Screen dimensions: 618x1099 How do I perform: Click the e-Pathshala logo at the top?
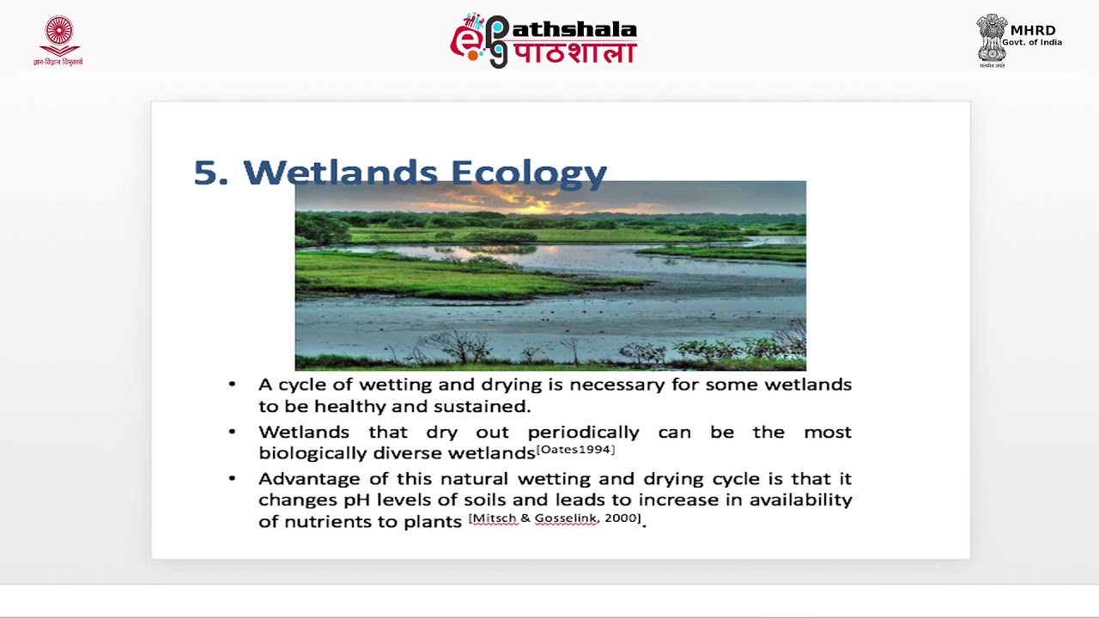click(543, 40)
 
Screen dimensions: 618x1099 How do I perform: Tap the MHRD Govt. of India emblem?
click(992, 39)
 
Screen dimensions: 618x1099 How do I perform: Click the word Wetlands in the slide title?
click(341, 173)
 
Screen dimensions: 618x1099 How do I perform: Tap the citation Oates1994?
click(575, 450)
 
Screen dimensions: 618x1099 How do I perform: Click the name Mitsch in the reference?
click(494, 518)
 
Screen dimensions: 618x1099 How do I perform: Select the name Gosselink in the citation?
click(566, 518)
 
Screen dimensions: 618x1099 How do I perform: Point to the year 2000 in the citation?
click(622, 518)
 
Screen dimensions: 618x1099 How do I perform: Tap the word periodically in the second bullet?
click(583, 432)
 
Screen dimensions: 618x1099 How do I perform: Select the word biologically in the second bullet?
click(312, 453)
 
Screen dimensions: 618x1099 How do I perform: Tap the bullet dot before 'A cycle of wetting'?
click(232, 385)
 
